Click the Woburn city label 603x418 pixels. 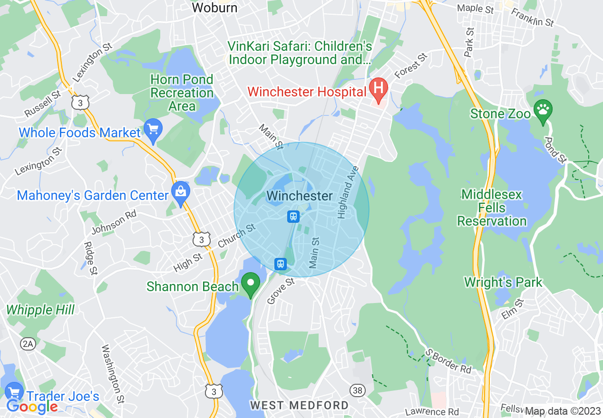point(214,8)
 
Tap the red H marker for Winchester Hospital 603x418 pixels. point(379,89)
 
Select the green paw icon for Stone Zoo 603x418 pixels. point(543,110)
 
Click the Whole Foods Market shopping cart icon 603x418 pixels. point(153,129)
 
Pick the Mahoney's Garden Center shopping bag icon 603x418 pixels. point(181,192)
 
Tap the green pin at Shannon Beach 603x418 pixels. point(251,284)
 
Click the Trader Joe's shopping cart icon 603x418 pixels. point(14,392)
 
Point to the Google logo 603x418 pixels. point(32,407)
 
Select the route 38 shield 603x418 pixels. point(358,390)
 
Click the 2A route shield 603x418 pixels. point(28,344)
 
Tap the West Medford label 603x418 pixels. point(299,405)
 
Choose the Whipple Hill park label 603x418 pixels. point(40,310)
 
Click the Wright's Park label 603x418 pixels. point(503,282)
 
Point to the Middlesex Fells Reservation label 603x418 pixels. point(492,208)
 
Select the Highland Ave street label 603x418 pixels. point(347,195)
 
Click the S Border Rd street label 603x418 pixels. point(448,361)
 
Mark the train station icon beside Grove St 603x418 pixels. point(281,263)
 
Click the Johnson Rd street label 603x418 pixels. point(114,222)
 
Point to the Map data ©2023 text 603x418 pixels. point(563,411)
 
